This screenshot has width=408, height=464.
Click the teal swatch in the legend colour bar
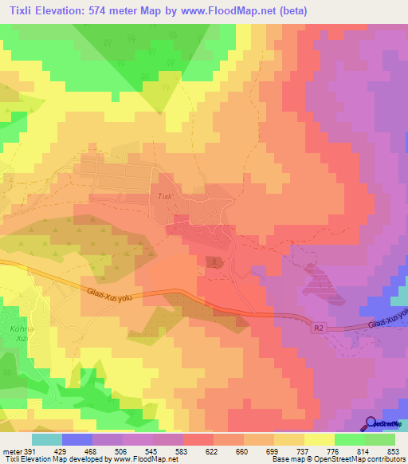(46, 439)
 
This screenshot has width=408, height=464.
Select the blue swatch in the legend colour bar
(76, 439)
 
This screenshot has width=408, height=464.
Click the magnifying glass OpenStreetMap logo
(371, 423)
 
